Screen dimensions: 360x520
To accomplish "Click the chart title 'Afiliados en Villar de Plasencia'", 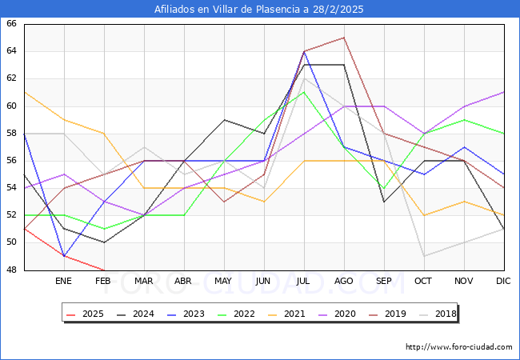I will [259, 10].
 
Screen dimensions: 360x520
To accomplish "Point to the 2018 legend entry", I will [442, 314].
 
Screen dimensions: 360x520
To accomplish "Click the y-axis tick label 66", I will [11, 24].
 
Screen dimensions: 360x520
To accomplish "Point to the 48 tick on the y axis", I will [11, 270].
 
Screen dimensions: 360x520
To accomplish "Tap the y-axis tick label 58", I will [11, 134].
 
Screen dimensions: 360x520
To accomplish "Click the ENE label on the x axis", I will [64, 282].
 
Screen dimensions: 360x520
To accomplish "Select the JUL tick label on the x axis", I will [304, 282].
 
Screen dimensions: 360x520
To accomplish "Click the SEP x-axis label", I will [384, 282].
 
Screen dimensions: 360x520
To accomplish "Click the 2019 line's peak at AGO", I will [344, 38].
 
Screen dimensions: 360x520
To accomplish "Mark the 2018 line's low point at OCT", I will [424, 256].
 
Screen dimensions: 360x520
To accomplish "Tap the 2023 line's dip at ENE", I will [64, 256].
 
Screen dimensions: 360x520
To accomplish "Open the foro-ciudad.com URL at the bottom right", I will [459, 347].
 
